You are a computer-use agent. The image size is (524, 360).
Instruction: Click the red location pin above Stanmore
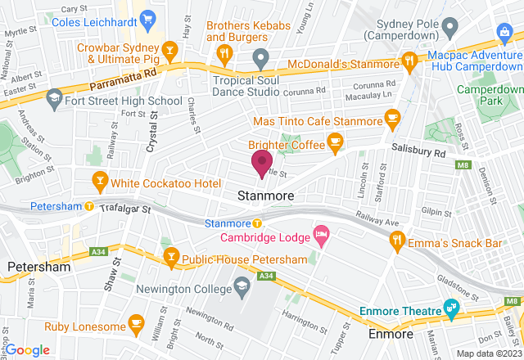262,162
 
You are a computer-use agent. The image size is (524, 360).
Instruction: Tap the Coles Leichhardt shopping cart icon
148,17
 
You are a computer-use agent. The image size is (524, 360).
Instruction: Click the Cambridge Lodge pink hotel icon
321,237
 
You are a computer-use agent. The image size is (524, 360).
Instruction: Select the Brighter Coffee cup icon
334,144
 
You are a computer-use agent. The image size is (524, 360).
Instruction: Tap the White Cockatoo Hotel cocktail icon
99,180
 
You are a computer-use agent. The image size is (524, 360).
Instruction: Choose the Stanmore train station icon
256,223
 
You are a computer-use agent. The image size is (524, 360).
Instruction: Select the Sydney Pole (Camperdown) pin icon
449,29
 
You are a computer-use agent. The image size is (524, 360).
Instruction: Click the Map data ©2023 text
487,353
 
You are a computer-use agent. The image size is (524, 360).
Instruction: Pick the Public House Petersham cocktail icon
171,259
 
